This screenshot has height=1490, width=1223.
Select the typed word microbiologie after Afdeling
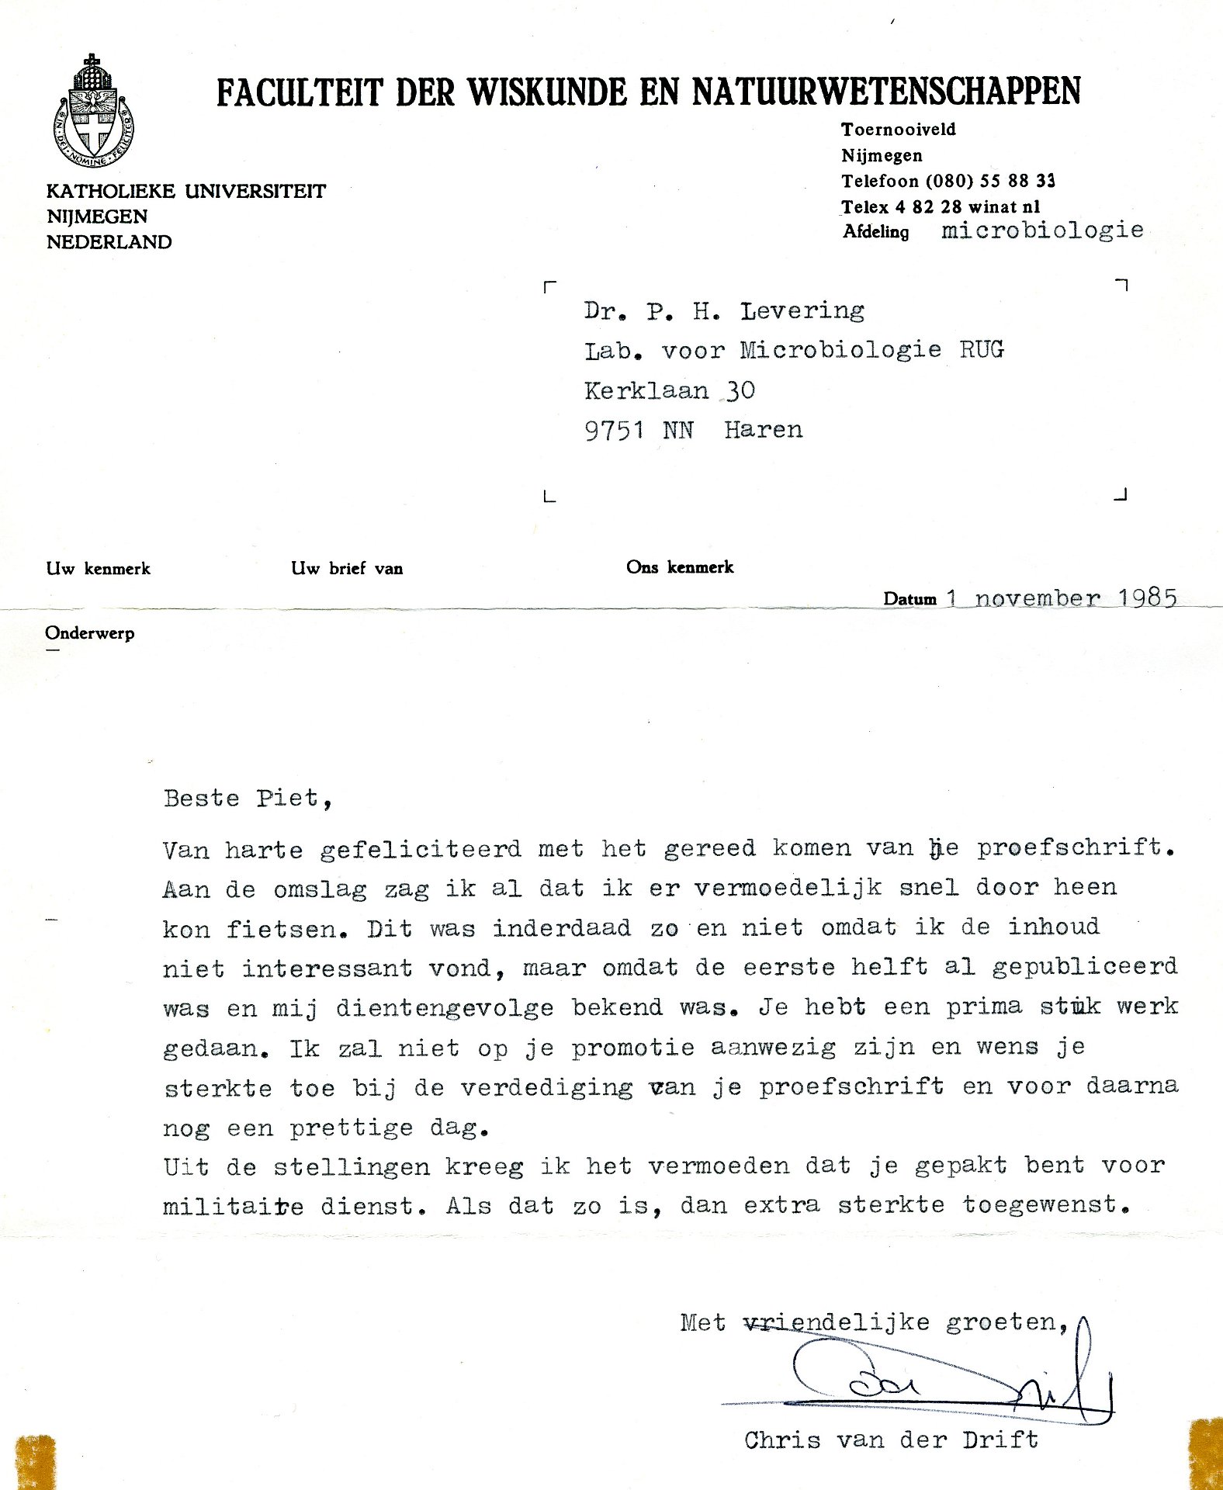pos(1042,230)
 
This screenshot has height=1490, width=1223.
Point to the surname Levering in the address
pos(802,311)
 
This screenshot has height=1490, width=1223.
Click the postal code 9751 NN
pos(639,430)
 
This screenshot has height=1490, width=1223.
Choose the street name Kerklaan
pos(646,390)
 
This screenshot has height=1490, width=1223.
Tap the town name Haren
pos(764,430)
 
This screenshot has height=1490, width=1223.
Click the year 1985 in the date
pos(1148,598)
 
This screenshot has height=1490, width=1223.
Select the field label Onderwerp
pos(90,633)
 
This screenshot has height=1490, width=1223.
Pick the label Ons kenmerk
pos(680,567)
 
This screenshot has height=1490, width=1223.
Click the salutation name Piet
pos(288,799)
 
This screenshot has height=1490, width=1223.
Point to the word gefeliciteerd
pos(421,849)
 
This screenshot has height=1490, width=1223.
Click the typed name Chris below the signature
pos(782,1441)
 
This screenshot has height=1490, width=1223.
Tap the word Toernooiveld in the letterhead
pos(899,130)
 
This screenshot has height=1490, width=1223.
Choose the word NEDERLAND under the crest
pos(109,242)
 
